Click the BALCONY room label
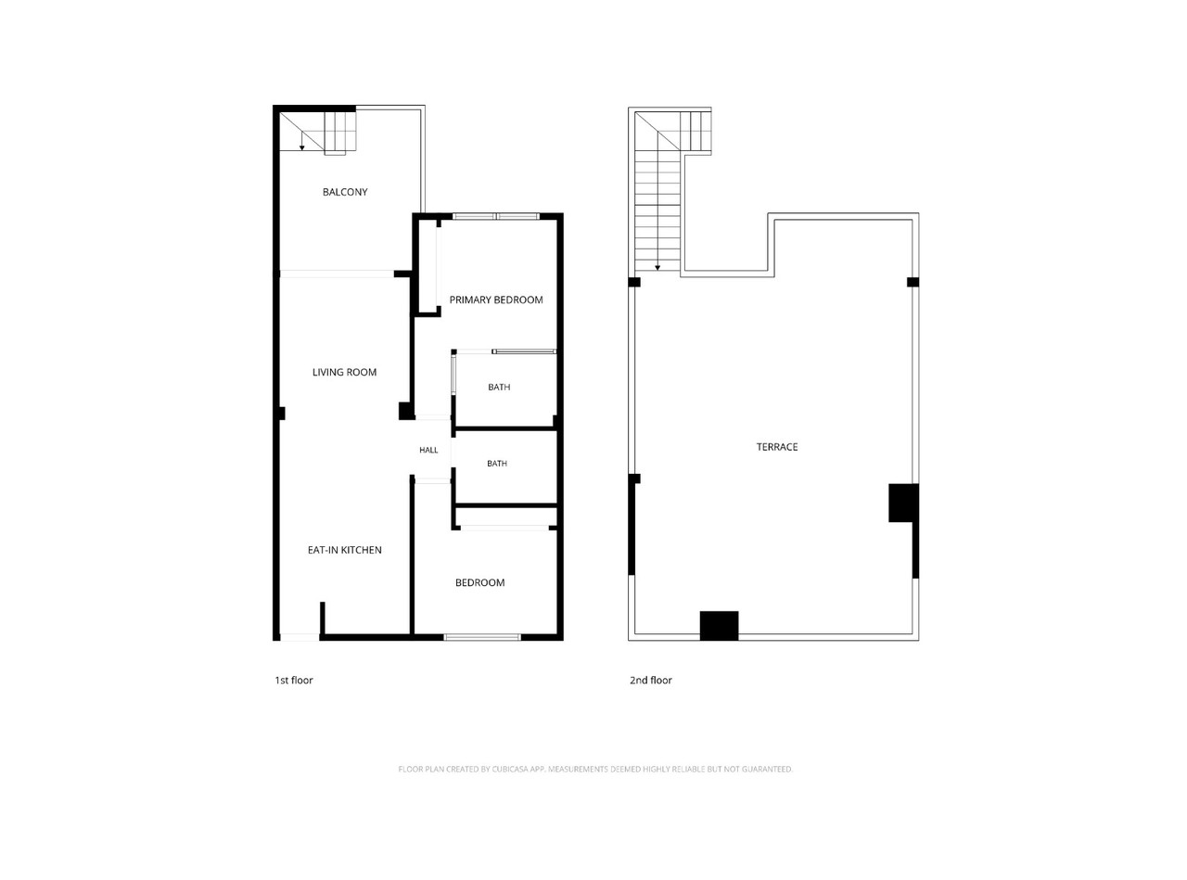(345, 192)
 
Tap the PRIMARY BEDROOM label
(496, 300)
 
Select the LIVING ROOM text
(344, 372)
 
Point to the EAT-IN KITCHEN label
(345, 550)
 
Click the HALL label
(428, 450)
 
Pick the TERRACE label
(776, 447)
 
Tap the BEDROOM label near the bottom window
(479, 582)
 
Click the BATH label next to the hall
(497, 464)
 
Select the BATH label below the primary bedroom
(499, 387)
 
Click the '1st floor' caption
(294, 680)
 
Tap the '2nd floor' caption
(651, 680)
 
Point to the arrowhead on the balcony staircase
(301, 147)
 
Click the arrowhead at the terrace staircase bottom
(657, 268)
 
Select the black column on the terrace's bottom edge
(720, 626)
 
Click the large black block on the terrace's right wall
(904, 503)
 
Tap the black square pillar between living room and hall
(406, 411)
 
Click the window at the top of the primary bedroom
(495, 216)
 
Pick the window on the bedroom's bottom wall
(482, 637)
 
